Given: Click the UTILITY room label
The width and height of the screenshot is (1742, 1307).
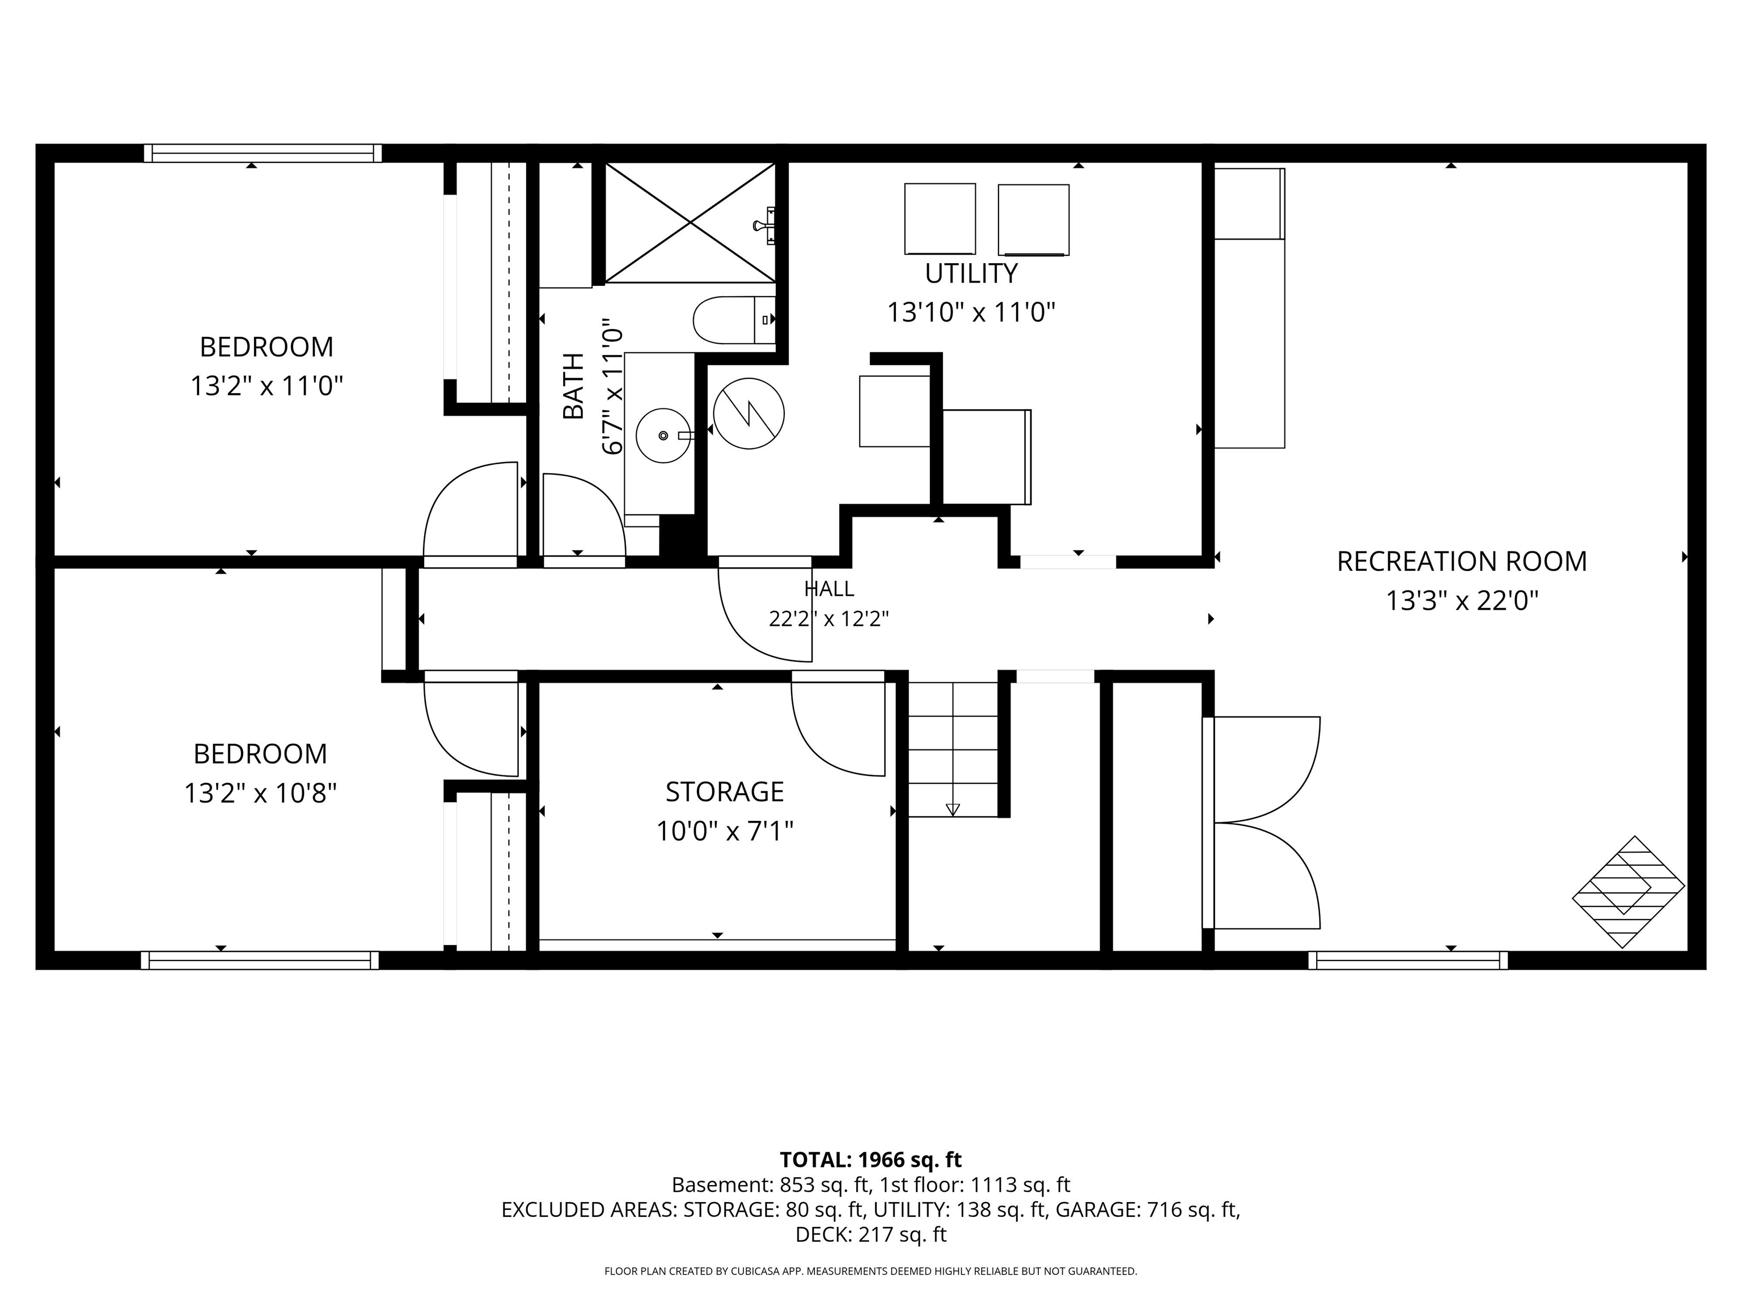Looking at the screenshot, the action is point(970,273).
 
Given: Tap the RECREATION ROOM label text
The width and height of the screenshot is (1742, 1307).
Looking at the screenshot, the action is point(1462,562).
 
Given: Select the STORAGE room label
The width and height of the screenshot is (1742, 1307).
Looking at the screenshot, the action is point(725,792).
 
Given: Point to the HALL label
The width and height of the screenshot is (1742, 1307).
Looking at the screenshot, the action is point(828,588).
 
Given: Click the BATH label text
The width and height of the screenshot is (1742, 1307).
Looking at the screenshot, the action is point(573,386).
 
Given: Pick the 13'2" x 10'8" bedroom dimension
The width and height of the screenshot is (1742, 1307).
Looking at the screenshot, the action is point(261,792).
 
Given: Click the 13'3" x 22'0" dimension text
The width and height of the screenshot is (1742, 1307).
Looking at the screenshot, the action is point(1462,601).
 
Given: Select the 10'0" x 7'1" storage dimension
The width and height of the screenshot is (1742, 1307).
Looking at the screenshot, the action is point(725,831).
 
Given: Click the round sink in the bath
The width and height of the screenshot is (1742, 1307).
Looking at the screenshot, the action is point(663,435).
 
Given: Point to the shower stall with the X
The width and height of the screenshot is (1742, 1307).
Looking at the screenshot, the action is point(690,222).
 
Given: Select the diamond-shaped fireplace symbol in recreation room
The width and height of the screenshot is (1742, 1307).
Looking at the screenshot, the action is point(1629,892).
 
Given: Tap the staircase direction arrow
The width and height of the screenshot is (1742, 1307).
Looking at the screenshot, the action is point(953,809).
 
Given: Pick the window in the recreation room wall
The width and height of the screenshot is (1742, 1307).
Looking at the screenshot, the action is point(1408,960).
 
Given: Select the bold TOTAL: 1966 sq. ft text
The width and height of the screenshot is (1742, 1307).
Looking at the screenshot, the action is point(870,1160).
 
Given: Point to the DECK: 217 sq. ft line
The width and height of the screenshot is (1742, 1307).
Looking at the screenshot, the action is point(871,1234).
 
